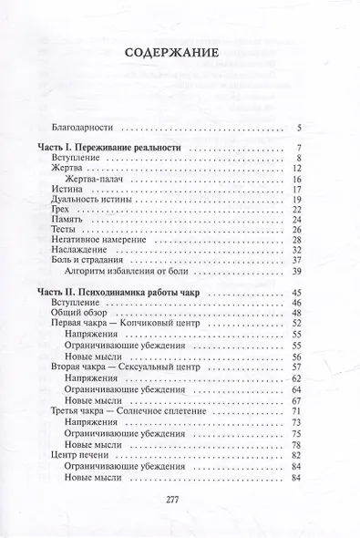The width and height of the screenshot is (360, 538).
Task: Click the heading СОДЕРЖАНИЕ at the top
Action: click(x=180, y=52)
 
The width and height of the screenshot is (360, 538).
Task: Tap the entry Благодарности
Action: click(x=85, y=126)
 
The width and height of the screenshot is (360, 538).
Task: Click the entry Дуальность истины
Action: click(x=96, y=202)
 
